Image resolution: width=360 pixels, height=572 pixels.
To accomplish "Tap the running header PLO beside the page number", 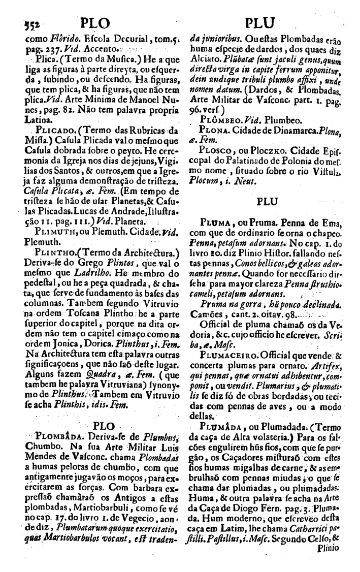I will (94, 23).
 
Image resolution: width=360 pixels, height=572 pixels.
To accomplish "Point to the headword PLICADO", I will (48, 129).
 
